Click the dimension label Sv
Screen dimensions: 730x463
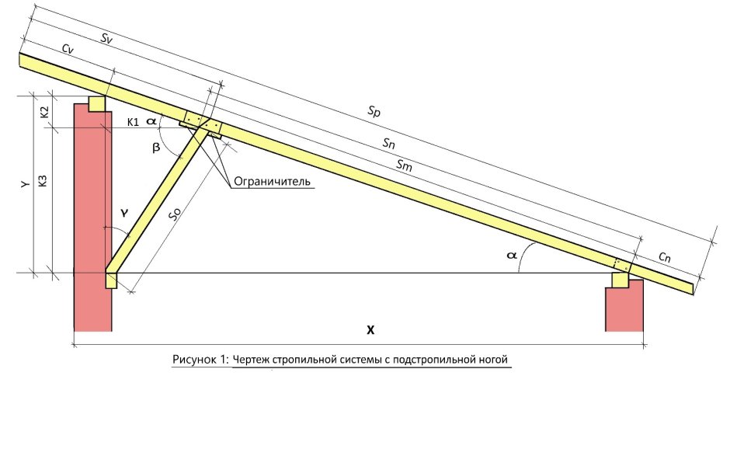(x=106, y=39)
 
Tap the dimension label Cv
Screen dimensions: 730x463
(x=68, y=49)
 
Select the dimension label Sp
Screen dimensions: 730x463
(x=374, y=111)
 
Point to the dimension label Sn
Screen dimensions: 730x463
(x=389, y=144)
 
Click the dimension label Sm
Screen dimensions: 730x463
(x=404, y=165)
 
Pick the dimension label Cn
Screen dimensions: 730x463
(x=665, y=256)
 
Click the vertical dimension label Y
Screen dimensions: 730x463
(x=26, y=184)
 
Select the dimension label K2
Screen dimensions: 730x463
(x=44, y=113)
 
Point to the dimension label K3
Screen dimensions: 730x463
(x=43, y=181)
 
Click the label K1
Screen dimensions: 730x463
(x=133, y=123)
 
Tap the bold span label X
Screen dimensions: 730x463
(x=370, y=330)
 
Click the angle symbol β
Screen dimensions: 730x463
(x=156, y=148)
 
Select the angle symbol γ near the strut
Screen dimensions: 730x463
(x=123, y=214)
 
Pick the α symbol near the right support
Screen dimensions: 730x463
(x=512, y=255)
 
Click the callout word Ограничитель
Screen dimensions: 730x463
(x=272, y=181)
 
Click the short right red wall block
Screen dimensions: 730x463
(x=624, y=305)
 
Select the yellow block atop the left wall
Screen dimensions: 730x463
(x=97, y=104)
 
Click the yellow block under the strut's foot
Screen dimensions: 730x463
(x=111, y=281)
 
